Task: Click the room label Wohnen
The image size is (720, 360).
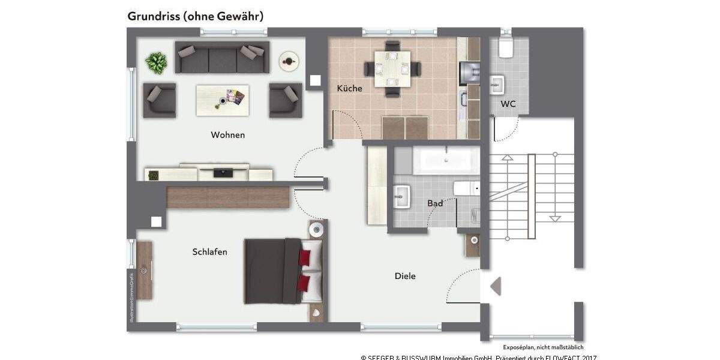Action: tap(227, 135)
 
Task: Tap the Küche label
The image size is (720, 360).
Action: tap(349, 88)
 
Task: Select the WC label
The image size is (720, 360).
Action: tap(508, 104)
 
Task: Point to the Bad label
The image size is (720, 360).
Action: tap(435, 203)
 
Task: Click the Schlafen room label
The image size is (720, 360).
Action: tap(209, 252)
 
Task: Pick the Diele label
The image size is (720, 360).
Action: tap(405, 276)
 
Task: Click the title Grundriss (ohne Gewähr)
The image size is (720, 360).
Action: tap(196, 16)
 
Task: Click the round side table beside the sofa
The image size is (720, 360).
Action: tap(290, 60)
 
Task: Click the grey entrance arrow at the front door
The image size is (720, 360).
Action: tap(496, 287)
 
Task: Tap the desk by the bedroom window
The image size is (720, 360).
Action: tap(144, 270)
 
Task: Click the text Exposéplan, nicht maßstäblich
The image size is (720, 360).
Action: tap(543, 347)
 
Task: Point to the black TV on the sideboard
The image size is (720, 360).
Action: tap(224, 172)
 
